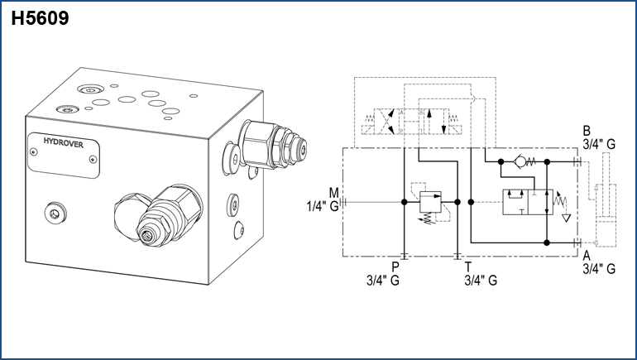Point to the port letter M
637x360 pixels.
pyautogui.click(x=333, y=193)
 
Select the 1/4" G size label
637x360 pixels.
pyautogui.click(x=323, y=206)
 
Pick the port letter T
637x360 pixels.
pyautogui.click(x=468, y=266)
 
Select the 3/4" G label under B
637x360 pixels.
pyautogui.click(x=599, y=144)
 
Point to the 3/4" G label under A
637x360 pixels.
pyautogui.click(x=599, y=268)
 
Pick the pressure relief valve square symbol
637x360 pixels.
pyautogui.click(x=429, y=200)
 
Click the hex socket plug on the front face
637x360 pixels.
pyautogui.click(x=55, y=214)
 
